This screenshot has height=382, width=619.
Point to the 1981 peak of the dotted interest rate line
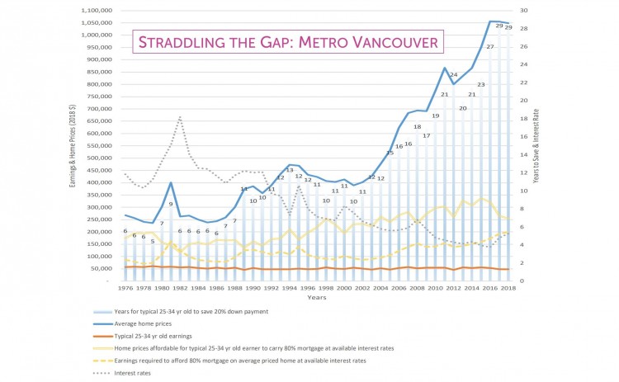180,117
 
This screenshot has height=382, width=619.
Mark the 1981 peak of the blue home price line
171,183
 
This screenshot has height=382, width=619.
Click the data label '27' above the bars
490,47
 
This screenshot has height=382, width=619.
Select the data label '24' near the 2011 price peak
453,75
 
